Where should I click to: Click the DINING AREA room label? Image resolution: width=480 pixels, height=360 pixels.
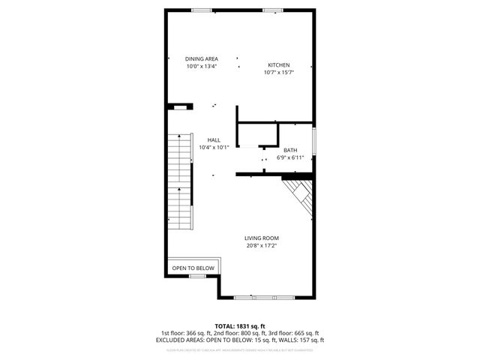tap(202, 58)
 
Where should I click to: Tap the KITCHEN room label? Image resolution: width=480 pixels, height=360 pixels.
tap(279, 65)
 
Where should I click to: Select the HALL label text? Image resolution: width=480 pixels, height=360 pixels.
tap(214, 140)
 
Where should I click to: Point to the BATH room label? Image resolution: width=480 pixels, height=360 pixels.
tap(289, 150)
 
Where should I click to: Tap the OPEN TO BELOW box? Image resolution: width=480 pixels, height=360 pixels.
tap(193, 268)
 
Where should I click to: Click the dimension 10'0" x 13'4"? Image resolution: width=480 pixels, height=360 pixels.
tap(202, 66)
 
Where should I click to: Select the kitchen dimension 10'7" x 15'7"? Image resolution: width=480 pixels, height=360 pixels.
tap(279, 73)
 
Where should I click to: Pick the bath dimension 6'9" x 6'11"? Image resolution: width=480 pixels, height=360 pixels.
tap(289, 157)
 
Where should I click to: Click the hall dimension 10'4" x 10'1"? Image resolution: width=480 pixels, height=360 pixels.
tap(214, 148)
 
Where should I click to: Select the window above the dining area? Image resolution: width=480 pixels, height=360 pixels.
tap(201, 10)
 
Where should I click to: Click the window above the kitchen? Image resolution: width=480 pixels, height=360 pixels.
tap(273, 10)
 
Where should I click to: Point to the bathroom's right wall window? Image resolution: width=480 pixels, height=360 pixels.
tap(314, 140)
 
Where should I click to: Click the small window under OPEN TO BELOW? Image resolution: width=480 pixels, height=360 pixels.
tap(197, 276)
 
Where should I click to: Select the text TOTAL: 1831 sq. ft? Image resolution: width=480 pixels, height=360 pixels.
tap(239, 326)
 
